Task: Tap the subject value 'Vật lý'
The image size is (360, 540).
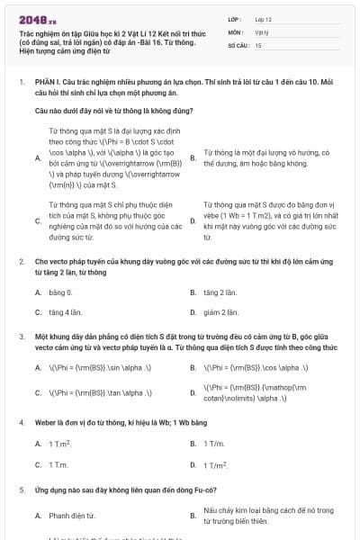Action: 262,31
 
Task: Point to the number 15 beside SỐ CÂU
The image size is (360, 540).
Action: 258,44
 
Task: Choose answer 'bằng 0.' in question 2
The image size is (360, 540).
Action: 59,292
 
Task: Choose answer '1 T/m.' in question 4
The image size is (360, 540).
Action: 214,444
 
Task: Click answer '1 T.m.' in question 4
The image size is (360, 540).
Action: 58,464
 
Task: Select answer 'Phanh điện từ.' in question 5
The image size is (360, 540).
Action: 72,515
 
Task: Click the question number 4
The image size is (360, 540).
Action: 21,421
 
